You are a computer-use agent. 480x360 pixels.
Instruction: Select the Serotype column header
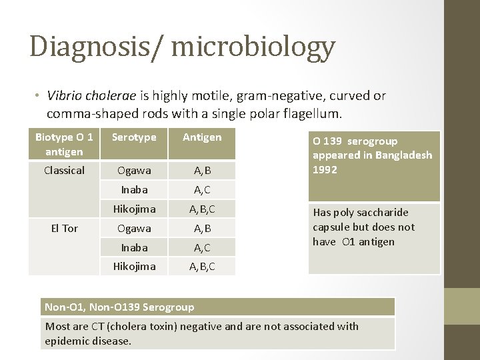tap(134, 137)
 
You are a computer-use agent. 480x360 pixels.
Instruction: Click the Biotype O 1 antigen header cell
tap(64, 143)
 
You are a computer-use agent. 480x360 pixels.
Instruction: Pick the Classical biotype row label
tap(64, 171)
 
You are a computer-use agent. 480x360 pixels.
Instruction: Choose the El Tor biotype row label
tap(64, 229)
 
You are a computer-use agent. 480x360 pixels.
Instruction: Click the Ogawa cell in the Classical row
tap(134, 171)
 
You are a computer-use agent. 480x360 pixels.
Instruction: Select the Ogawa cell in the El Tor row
tap(134, 229)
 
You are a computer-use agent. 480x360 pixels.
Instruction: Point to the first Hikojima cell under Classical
tap(134, 209)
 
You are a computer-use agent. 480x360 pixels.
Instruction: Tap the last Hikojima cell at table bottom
tap(134, 267)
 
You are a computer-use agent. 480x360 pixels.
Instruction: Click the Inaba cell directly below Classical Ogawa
tap(134, 190)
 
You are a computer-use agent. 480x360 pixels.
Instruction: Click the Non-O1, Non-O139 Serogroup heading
tap(119, 307)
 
